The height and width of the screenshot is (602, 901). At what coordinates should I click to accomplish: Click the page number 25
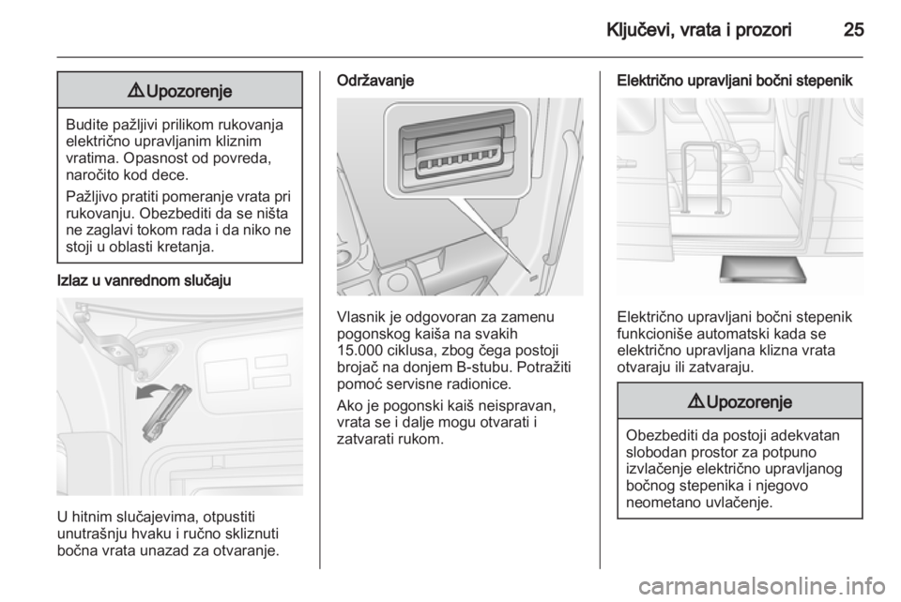pos(853,29)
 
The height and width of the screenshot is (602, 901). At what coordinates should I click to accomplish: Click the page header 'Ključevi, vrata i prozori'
pos(698,30)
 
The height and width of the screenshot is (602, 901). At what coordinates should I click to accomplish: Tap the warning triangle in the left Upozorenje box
pos(139,91)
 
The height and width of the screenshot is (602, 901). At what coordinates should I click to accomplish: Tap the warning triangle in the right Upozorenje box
pos(698,401)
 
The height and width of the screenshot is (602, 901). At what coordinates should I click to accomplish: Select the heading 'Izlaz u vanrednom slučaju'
pos(145,280)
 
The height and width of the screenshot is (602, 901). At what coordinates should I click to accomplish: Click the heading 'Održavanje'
pos(375,81)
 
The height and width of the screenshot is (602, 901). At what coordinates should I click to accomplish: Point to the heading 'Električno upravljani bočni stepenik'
pos(734,81)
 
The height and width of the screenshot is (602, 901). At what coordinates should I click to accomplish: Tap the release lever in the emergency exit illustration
pos(166,413)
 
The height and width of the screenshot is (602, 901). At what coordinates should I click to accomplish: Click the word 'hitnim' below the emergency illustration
pos(93,517)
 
